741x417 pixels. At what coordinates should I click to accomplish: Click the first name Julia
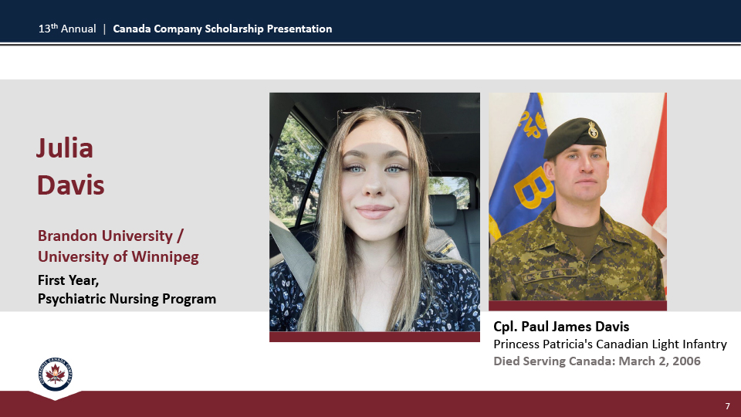point(65,148)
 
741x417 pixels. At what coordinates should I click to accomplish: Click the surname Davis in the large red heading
point(71,185)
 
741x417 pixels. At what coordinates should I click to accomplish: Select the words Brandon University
point(106,236)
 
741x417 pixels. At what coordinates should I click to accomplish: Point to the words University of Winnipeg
point(118,256)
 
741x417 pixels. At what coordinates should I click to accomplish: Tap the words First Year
point(68,280)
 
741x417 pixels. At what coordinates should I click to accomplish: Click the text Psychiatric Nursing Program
point(127,299)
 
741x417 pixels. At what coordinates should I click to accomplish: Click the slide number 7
point(727,406)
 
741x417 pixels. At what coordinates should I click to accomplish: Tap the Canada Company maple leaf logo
point(56,374)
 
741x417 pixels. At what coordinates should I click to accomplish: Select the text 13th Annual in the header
point(67,29)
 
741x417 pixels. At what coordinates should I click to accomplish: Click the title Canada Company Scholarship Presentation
point(222,29)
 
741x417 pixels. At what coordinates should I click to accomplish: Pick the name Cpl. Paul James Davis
point(561,327)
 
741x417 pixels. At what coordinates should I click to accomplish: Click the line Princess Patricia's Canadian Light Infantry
point(610,344)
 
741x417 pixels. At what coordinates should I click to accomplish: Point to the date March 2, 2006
point(659,361)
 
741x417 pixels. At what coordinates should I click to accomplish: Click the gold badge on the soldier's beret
point(593,130)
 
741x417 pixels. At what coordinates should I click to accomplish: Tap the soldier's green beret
point(574,137)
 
